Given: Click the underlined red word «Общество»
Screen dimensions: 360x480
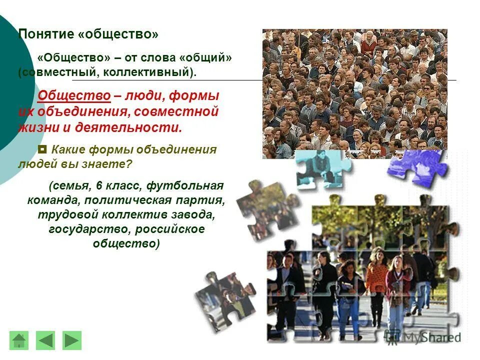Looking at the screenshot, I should point(74,95).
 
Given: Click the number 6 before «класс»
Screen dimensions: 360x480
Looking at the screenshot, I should point(99,186).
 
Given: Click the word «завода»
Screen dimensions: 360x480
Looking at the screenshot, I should point(196,214).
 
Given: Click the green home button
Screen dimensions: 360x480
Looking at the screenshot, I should point(19,340).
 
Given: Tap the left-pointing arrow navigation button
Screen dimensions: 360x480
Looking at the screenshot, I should point(45,340).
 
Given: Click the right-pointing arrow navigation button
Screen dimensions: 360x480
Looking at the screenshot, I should point(72,340).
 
